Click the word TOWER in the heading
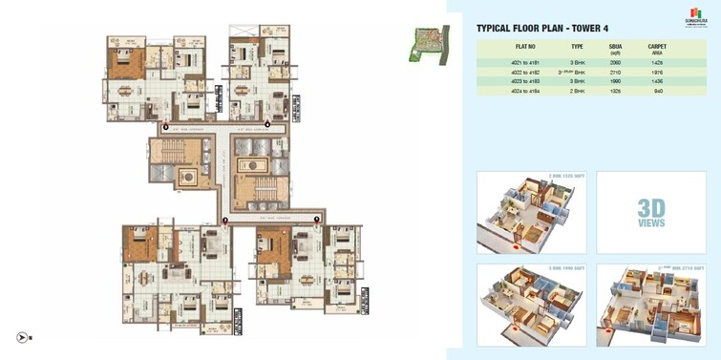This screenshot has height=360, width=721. [578, 29]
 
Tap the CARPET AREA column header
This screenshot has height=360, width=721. [657, 49]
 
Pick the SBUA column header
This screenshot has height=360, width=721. [615, 49]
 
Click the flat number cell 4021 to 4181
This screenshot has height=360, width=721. [526, 61]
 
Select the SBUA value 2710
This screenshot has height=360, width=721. [615, 72]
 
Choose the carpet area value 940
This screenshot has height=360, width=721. [657, 92]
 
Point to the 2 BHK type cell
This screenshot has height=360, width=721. [577, 92]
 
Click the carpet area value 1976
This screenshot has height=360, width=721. [657, 72]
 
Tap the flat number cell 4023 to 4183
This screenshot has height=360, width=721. [526, 81]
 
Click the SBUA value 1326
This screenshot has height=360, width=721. [615, 92]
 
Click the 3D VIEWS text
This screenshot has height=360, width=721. [651, 213]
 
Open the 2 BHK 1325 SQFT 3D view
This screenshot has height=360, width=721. [531, 213]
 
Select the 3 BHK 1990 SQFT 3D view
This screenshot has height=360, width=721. [531, 305]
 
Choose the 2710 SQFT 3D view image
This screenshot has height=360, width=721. [651, 305]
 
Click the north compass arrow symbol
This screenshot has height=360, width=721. [22, 337]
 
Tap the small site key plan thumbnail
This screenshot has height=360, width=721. [430, 45]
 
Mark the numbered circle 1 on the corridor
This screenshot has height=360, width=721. [317, 220]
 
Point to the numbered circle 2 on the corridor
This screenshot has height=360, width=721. [225, 220]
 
